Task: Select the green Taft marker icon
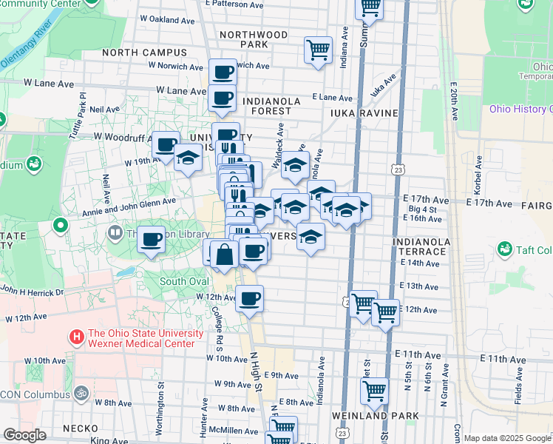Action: coord(506,249)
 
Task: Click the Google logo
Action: coord(24,435)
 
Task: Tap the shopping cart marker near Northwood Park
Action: coord(318,50)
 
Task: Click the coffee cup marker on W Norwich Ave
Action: coord(223,72)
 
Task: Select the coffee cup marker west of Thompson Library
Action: coord(152,239)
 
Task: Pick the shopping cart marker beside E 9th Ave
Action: coord(375,390)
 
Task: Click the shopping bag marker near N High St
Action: coord(224,255)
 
